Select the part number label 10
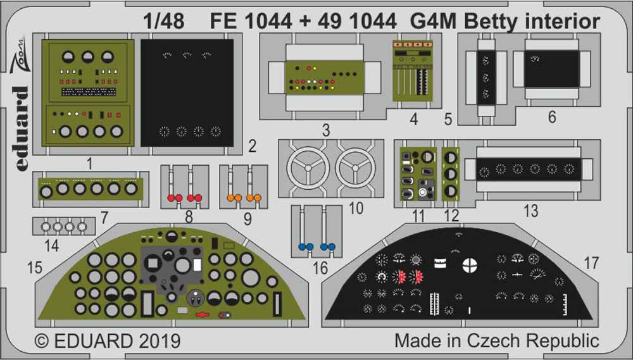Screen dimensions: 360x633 click(x=356, y=207)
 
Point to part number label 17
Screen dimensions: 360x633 click(x=591, y=262)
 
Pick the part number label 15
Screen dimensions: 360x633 click(x=35, y=268)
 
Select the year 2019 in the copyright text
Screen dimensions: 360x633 click(x=158, y=341)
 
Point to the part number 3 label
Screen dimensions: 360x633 click(x=326, y=131)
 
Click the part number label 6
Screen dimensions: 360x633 click(x=552, y=117)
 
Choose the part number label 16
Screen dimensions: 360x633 click(x=320, y=268)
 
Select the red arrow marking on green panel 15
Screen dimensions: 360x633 click(x=203, y=314)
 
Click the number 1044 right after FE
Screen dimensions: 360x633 click(x=266, y=22)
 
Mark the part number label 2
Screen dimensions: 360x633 click(x=252, y=147)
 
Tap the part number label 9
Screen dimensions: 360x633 click(x=248, y=219)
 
